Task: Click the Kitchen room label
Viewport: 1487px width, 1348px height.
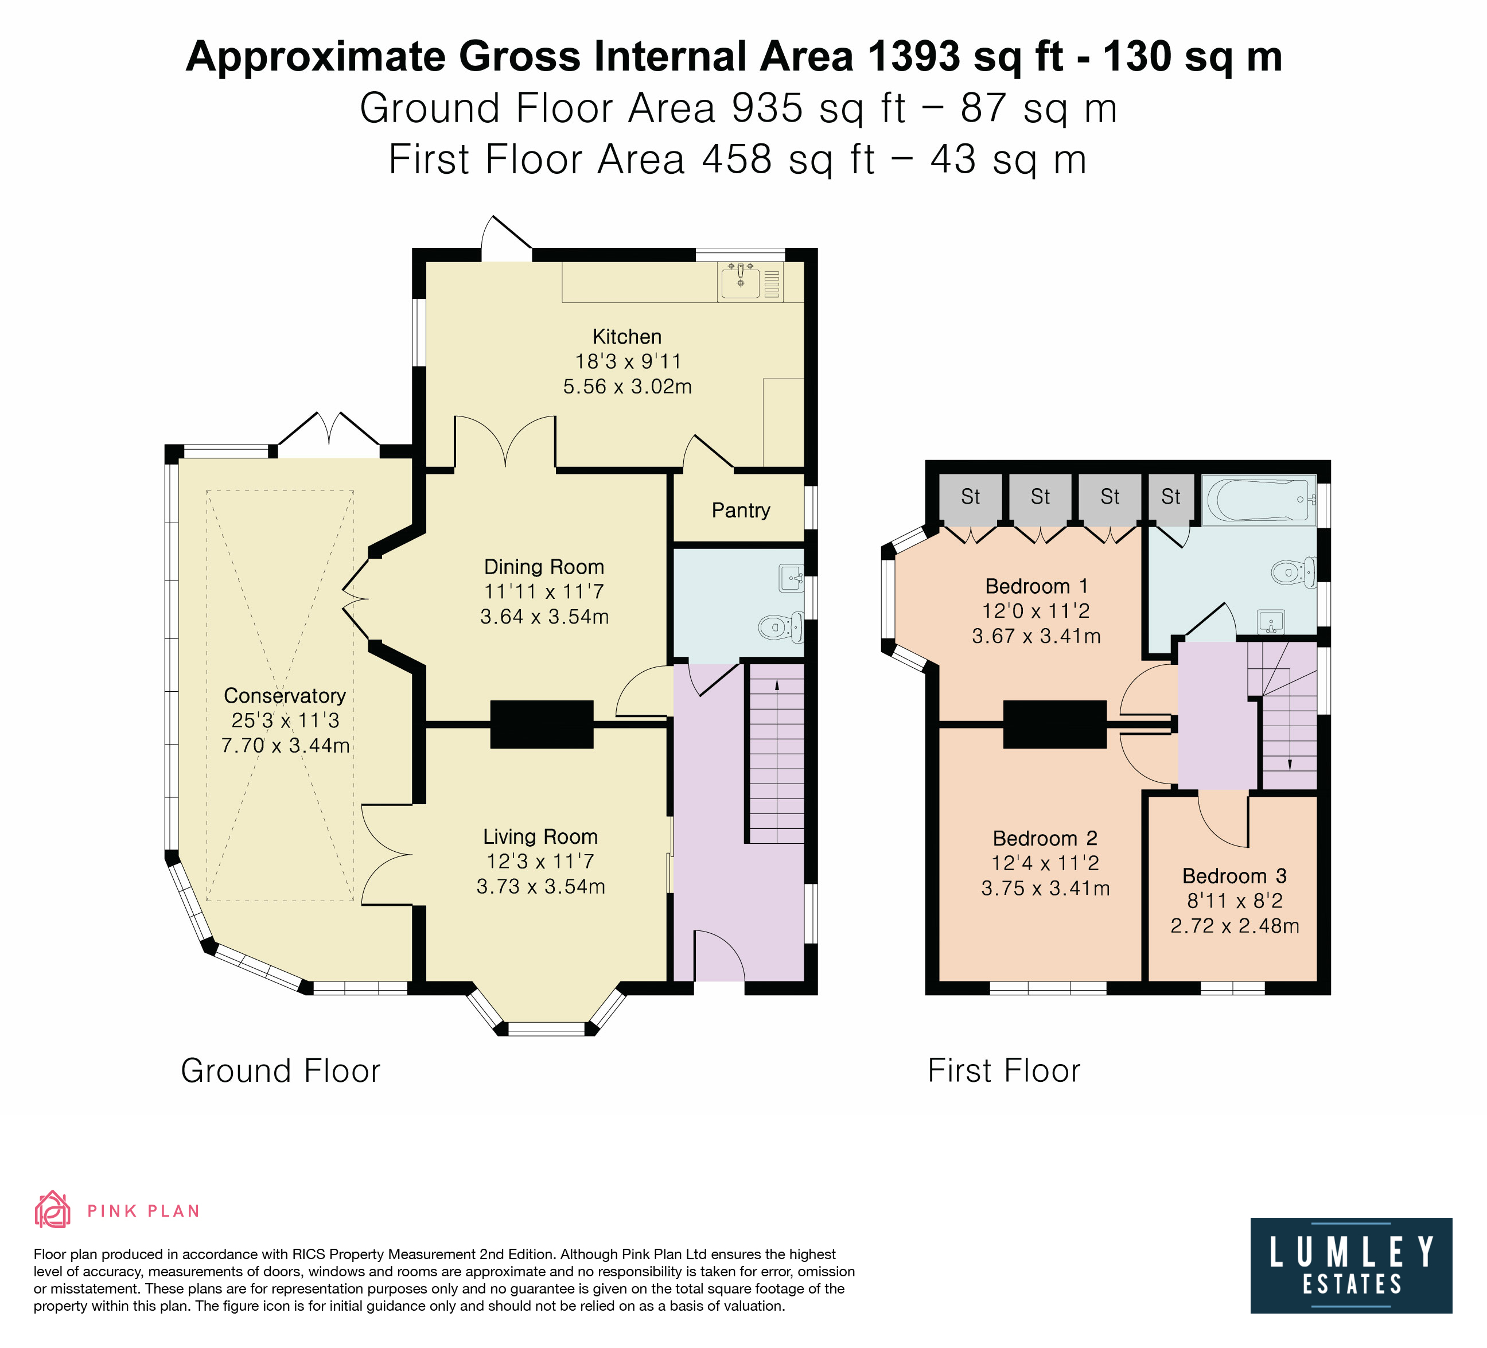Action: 627,337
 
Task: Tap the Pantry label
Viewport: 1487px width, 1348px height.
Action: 741,511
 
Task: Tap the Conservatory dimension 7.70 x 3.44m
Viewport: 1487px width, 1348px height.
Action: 286,746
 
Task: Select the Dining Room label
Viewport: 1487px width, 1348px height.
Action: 544,567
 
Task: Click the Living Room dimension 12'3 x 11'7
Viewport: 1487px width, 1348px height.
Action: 540,862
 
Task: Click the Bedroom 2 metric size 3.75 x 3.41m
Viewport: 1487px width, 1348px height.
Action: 1045,889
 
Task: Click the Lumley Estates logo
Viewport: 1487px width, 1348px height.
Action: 1351,1265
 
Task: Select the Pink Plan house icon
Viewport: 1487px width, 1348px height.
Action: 52,1210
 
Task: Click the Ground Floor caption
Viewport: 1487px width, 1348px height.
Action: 281,1071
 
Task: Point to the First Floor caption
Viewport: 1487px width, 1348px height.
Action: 1004,1071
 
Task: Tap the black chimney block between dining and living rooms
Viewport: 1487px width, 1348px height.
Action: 542,724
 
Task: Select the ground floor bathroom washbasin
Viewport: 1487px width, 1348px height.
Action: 792,578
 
